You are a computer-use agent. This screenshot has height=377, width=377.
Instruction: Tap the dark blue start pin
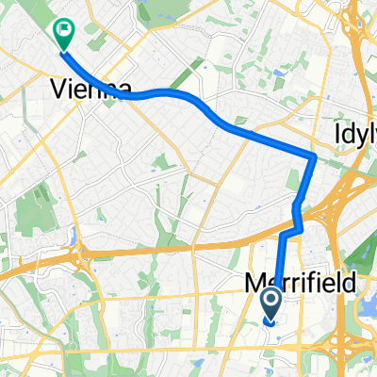pos(270,303)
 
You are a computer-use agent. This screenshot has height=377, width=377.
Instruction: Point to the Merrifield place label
pos(287,282)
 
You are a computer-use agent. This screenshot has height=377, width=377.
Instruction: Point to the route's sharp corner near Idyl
pos(314,155)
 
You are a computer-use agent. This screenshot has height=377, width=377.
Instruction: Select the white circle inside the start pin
pos(270,301)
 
